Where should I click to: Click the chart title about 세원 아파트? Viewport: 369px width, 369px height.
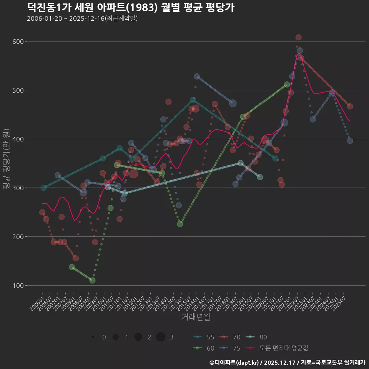[x=131, y=8]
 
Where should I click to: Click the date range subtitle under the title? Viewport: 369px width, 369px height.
[x=82, y=18]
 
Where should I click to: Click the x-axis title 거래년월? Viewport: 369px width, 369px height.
[x=196, y=317]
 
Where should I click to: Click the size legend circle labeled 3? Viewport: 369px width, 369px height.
[x=161, y=337]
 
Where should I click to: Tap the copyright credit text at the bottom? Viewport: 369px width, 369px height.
[x=287, y=362]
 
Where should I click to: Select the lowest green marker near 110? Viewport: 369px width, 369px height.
[x=93, y=281]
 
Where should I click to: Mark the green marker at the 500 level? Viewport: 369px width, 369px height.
[x=287, y=85]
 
